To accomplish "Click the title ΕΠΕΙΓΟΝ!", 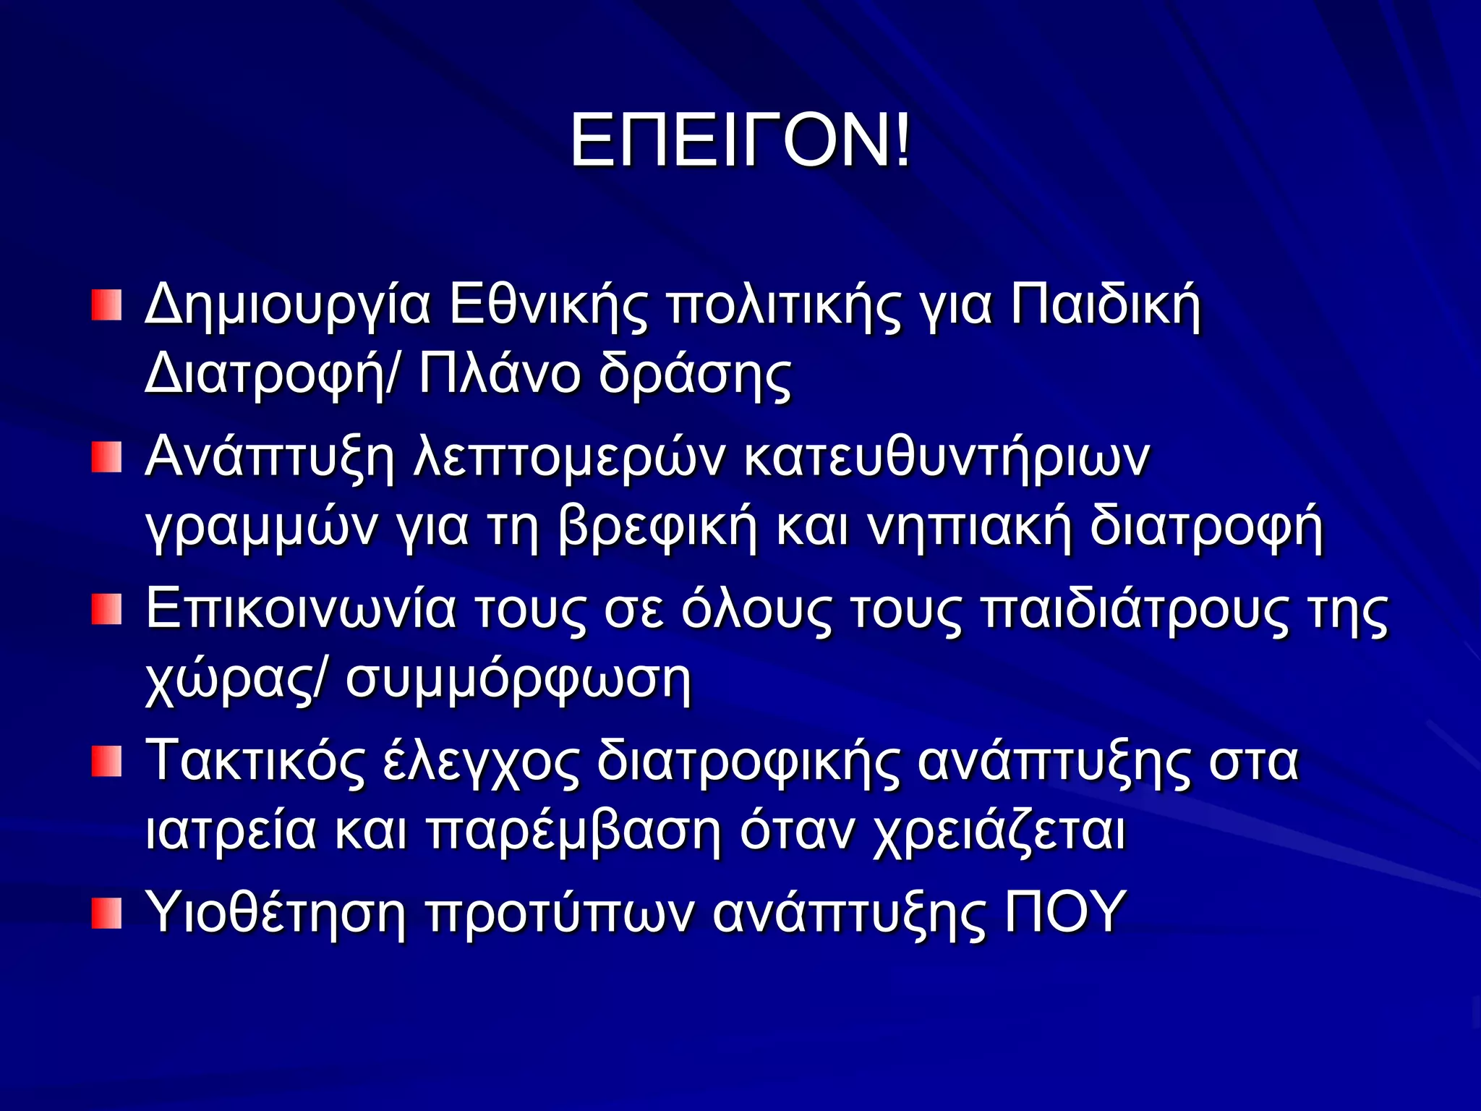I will (740, 141).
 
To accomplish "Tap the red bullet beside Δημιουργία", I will (106, 305).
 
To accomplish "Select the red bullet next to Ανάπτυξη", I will (106, 458).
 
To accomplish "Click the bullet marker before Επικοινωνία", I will (106, 609).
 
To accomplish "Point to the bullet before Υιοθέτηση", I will (106, 914).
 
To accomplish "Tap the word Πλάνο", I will (500, 375).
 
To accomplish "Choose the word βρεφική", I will (658, 528).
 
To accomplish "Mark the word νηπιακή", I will (970, 528).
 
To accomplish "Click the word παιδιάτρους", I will (1135, 610).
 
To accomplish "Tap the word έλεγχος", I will (481, 764).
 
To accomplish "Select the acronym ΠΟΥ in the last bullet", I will (1065, 913).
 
